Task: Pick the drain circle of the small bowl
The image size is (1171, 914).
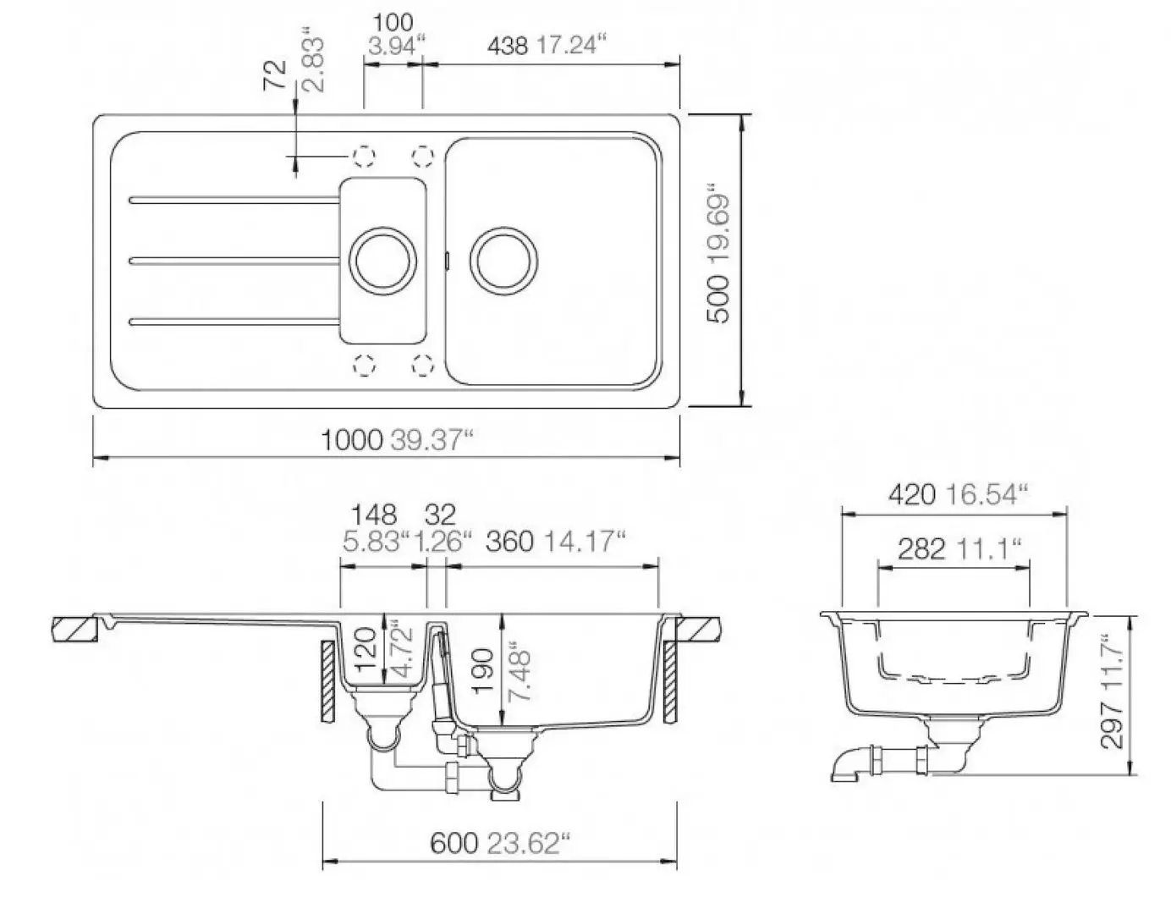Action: tap(383, 259)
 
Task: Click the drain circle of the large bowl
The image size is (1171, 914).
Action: tap(503, 259)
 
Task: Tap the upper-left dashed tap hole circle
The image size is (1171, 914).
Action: tap(364, 155)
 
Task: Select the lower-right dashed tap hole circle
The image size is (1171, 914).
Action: tap(422, 365)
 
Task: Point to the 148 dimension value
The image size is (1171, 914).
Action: tap(373, 515)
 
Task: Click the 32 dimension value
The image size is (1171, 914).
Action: tap(440, 515)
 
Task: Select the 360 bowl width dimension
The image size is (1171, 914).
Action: tap(508, 541)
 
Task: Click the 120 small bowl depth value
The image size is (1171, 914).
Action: tap(365, 649)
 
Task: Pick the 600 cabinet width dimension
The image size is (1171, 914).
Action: tap(453, 843)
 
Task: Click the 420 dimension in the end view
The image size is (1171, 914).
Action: tap(911, 494)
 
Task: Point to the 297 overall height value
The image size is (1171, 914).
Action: tap(1112, 725)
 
